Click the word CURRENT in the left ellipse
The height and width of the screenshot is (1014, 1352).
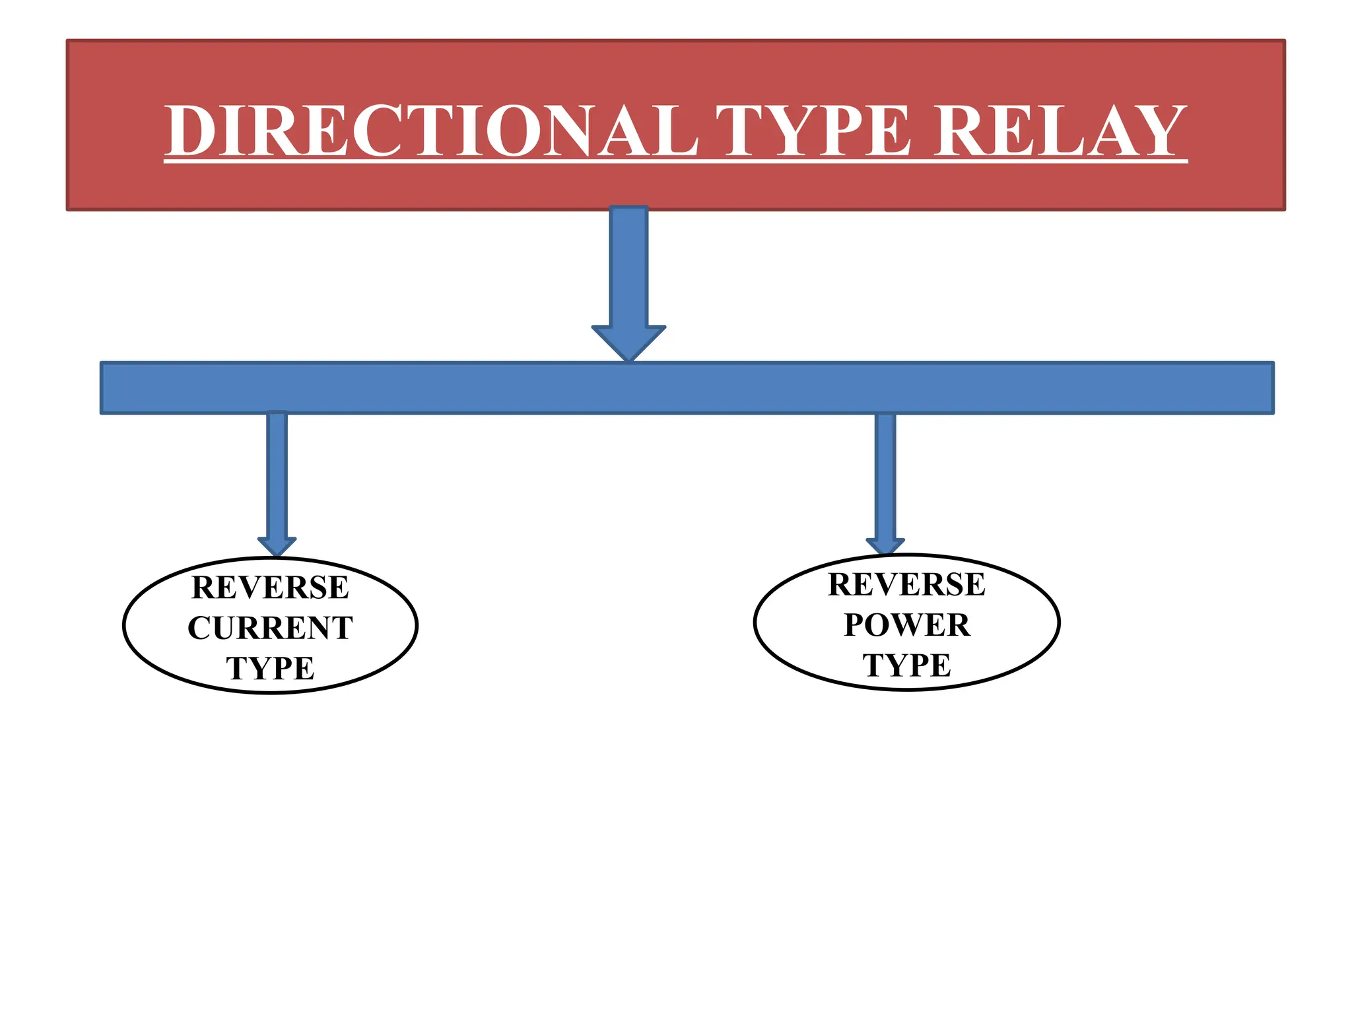270,628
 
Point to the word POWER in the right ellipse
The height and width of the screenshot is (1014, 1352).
907,625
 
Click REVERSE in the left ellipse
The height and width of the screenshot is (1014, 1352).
270,588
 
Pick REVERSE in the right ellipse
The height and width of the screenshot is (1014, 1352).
907,584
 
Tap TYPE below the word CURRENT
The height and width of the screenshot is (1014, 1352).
270,668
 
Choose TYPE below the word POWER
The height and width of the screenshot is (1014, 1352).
907,665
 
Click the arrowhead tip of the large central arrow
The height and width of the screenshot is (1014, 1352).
628,356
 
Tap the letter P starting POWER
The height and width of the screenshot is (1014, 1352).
856,625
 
